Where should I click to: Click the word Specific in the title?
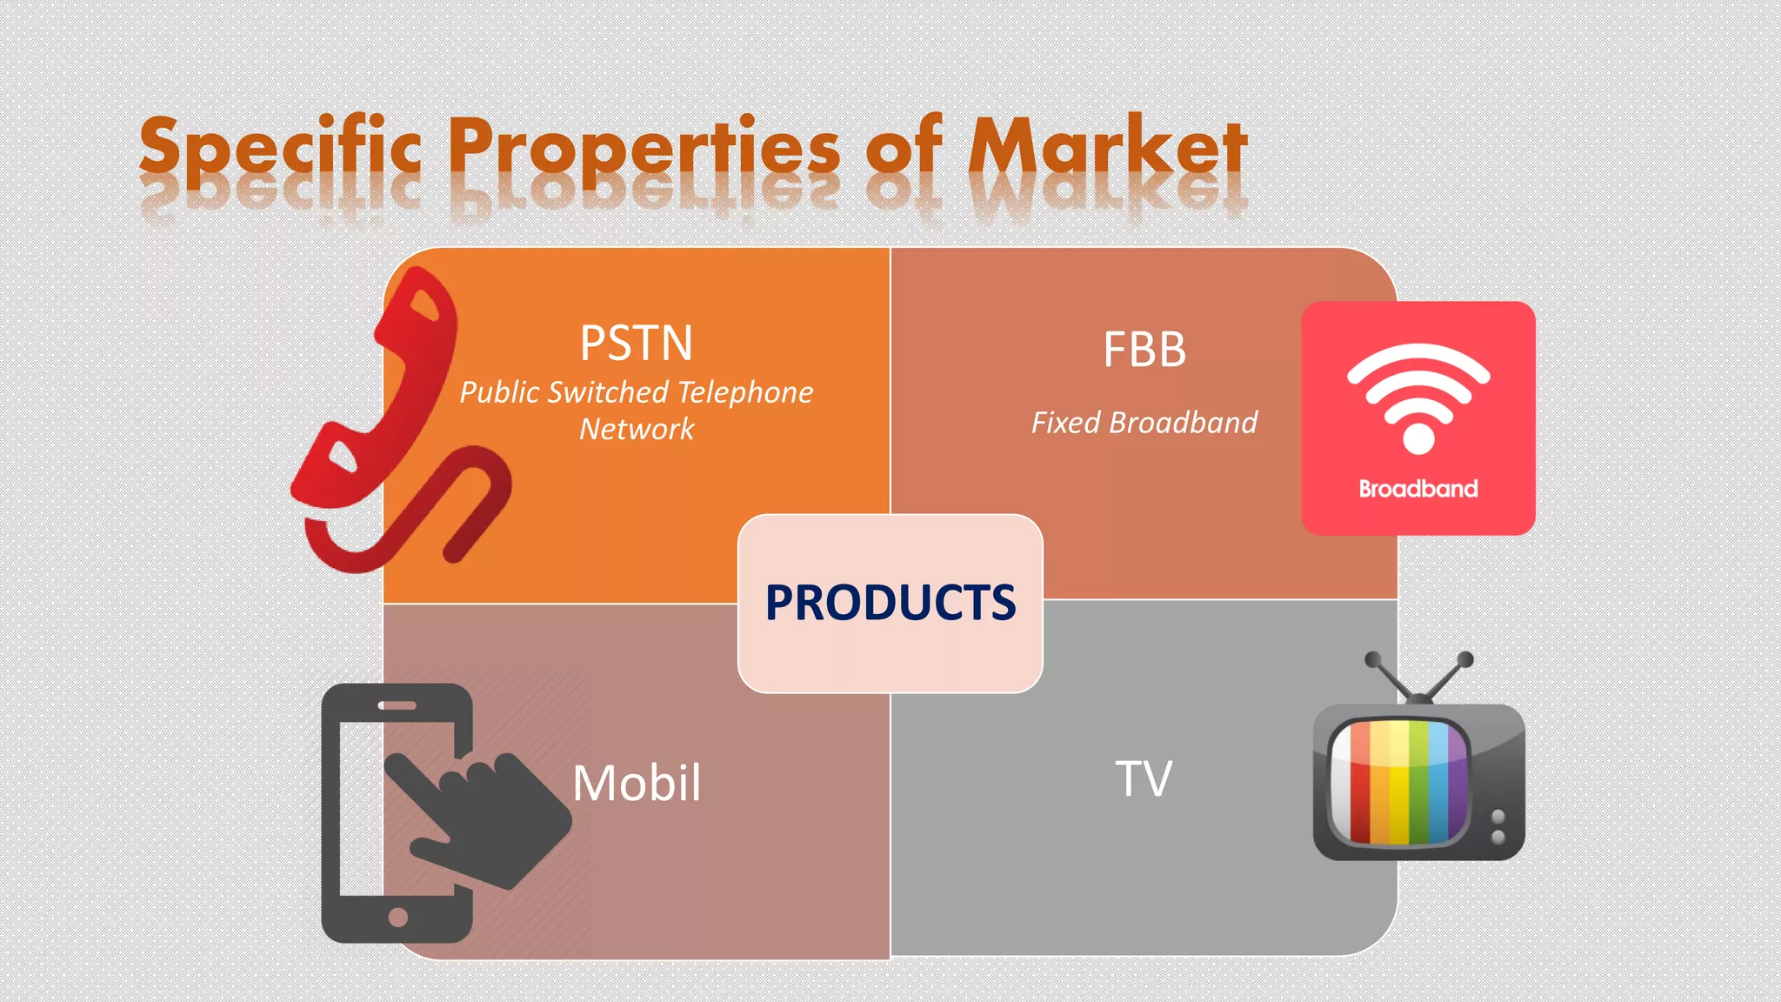(x=280, y=148)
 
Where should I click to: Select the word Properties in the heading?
(x=644, y=148)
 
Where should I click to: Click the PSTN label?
(x=637, y=344)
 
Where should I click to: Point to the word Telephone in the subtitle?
(x=745, y=392)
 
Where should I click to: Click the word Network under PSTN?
(x=637, y=429)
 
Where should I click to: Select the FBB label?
(x=1144, y=350)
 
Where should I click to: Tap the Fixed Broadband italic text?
(x=1144, y=423)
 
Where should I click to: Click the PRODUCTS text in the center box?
(x=890, y=602)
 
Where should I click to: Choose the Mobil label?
(x=637, y=783)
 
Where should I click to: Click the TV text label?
(x=1144, y=778)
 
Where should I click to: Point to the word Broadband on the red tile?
(x=1418, y=489)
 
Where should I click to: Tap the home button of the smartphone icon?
(x=398, y=917)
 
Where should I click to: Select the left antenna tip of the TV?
(x=1373, y=659)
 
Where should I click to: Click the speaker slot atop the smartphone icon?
(x=397, y=705)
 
